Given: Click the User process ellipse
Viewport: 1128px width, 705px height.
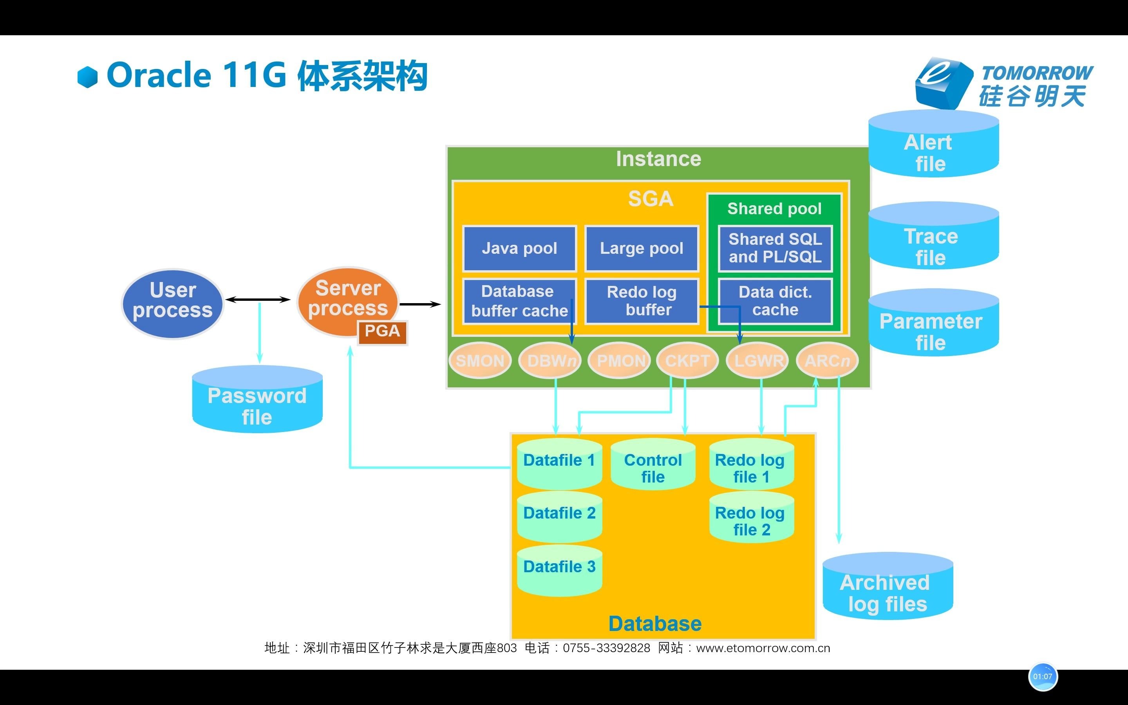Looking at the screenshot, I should pyautogui.click(x=172, y=304).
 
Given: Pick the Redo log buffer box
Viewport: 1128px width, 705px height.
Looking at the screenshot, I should pyautogui.click(x=642, y=301).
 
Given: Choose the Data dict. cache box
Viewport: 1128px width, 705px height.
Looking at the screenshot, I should pyautogui.click(x=775, y=301).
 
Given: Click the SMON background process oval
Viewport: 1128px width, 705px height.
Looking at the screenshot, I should pyautogui.click(x=480, y=360).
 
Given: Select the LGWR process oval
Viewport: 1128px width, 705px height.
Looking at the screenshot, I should pyautogui.click(x=757, y=360).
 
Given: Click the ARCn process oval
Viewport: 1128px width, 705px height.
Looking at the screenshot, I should pyautogui.click(x=827, y=360).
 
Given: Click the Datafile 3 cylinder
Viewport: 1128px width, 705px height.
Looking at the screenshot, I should pyautogui.click(x=559, y=571).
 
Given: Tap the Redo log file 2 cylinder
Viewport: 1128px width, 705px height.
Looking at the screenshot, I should pyautogui.click(x=751, y=520).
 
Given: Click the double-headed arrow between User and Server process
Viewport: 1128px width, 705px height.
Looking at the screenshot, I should pyautogui.click(x=258, y=299).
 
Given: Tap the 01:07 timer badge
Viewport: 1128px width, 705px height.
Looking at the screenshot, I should pyautogui.click(x=1042, y=676).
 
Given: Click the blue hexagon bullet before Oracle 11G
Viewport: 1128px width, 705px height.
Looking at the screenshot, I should pyautogui.click(x=88, y=77).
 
